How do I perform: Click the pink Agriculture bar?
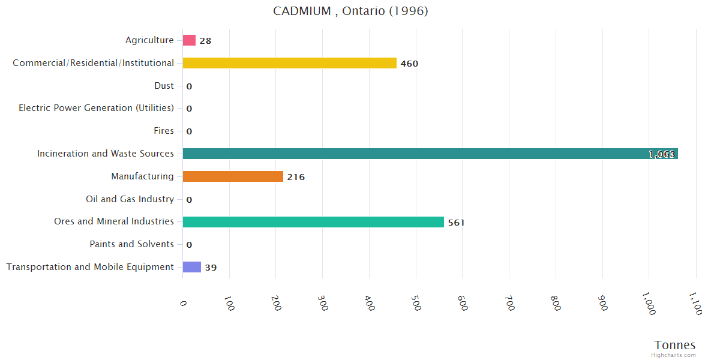point(189,40)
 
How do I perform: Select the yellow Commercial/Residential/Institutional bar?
point(289,63)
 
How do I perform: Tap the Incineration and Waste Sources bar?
point(430,154)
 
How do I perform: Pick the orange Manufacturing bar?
point(233,176)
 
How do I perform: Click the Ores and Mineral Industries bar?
point(313,222)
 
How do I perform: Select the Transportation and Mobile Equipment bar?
point(192,267)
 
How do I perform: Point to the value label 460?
point(409,64)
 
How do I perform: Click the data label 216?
point(296,177)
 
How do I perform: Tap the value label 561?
point(456,223)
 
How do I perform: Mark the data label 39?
point(211,268)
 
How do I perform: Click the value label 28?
point(205,41)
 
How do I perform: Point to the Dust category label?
point(164,86)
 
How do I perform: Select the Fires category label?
point(164,131)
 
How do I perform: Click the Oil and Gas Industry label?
point(130,199)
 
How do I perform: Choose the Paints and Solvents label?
point(131,244)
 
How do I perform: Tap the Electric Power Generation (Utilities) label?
point(96,108)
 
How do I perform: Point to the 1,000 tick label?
point(649,303)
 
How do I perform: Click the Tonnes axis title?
point(675,345)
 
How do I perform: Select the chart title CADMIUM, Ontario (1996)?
point(350,11)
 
